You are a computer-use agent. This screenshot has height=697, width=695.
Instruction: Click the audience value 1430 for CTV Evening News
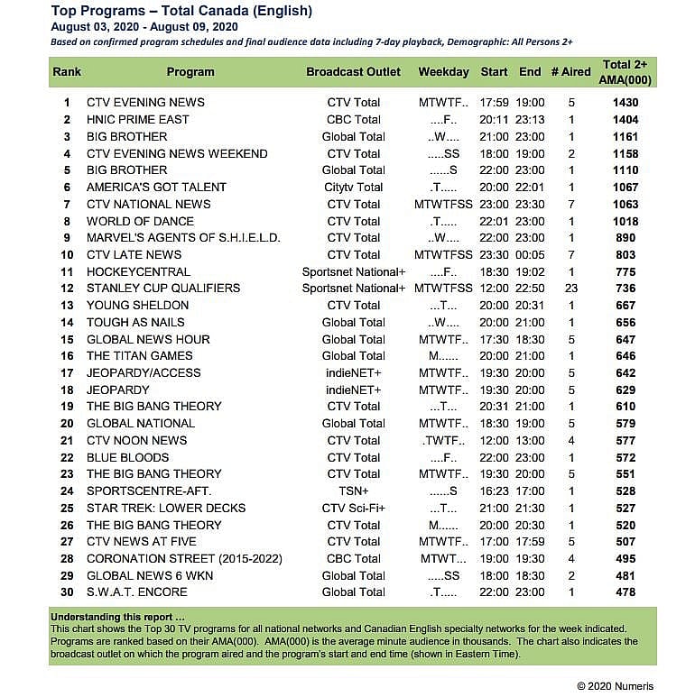(625, 103)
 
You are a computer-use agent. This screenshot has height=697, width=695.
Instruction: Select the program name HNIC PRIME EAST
(138, 120)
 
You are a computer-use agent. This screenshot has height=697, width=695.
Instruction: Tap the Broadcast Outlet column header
(353, 72)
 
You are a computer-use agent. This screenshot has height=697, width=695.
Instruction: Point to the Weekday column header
(443, 72)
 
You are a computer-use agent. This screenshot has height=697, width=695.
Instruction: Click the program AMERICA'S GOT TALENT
(156, 188)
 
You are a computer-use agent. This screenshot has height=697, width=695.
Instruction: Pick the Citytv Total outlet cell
(353, 188)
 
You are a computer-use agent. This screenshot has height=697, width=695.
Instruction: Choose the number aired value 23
(570, 289)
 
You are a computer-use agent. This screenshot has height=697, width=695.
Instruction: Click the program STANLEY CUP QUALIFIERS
(163, 289)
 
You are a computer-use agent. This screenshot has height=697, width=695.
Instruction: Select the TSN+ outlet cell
(353, 491)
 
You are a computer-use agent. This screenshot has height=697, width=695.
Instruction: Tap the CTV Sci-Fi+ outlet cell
(353, 509)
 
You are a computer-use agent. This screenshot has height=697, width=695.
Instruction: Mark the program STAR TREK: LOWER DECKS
(166, 509)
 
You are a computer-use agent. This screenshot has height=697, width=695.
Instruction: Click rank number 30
(67, 592)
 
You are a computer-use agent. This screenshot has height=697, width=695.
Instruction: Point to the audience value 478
(625, 592)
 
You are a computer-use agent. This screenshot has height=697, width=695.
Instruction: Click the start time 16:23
(494, 491)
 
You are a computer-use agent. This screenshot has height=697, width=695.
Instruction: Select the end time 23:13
(530, 120)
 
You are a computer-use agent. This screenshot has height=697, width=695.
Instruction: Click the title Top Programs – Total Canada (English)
(181, 12)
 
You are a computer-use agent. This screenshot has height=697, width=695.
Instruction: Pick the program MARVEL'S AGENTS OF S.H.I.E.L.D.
(183, 238)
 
